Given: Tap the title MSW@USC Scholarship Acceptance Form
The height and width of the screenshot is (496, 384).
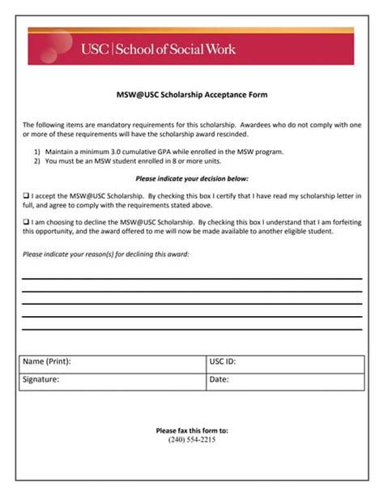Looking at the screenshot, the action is click(192, 95).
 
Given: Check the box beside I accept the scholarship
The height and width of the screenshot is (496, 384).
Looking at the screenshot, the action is click(26, 196).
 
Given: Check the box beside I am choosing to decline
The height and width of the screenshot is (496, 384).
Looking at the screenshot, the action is click(26, 221).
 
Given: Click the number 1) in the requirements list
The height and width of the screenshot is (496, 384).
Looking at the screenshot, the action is click(38, 152).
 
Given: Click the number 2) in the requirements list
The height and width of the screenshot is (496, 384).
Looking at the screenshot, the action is click(38, 160).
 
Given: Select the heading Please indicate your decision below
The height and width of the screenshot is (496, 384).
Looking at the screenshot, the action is click(192, 178).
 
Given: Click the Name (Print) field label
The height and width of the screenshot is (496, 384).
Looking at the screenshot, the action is click(46, 362).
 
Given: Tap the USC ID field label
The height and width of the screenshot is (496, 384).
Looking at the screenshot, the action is click(223, 362).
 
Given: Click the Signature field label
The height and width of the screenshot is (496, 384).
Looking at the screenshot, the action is click(41, 378).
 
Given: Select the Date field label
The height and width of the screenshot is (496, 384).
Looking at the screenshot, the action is click(219, 378).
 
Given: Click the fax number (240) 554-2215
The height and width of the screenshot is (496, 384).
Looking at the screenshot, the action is click(192, 440).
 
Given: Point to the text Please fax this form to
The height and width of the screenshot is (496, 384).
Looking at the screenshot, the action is click(192, 430).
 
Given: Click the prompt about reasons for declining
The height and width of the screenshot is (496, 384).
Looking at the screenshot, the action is click(106, 254).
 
